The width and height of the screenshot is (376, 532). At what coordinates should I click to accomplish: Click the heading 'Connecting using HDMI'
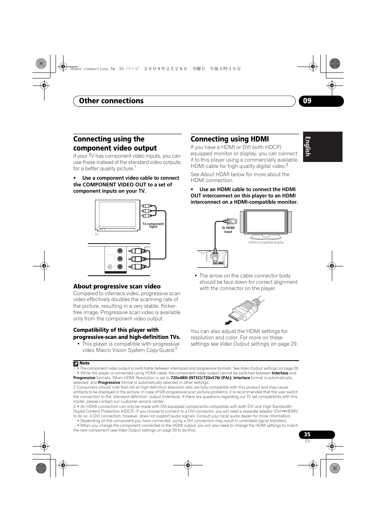(229, 139)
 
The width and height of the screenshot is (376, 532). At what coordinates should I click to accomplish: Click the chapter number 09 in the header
(307, 101)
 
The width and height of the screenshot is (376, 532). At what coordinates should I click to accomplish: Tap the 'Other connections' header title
(111, 101)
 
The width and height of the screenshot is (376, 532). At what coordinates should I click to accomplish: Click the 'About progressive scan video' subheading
(117, 286)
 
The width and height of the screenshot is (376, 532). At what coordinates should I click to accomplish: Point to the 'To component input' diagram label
(153, 225)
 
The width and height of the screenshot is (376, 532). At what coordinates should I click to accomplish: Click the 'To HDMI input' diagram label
(228, 230)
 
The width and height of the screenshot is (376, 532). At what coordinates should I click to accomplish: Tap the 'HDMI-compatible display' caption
(266, 243)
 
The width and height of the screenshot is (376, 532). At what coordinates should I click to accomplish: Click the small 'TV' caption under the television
(96, 234)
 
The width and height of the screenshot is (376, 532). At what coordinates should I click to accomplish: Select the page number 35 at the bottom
(307, 434)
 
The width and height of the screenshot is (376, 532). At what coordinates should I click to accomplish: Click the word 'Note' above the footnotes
(84, 363)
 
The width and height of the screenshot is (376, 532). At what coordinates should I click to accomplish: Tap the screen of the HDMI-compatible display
(266, 221)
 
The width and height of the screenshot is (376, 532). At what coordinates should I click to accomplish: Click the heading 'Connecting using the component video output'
(115, 143)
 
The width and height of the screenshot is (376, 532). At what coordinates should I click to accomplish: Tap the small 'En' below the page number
(308, 441)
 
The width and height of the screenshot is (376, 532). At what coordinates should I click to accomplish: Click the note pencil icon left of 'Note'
(76, 364)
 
